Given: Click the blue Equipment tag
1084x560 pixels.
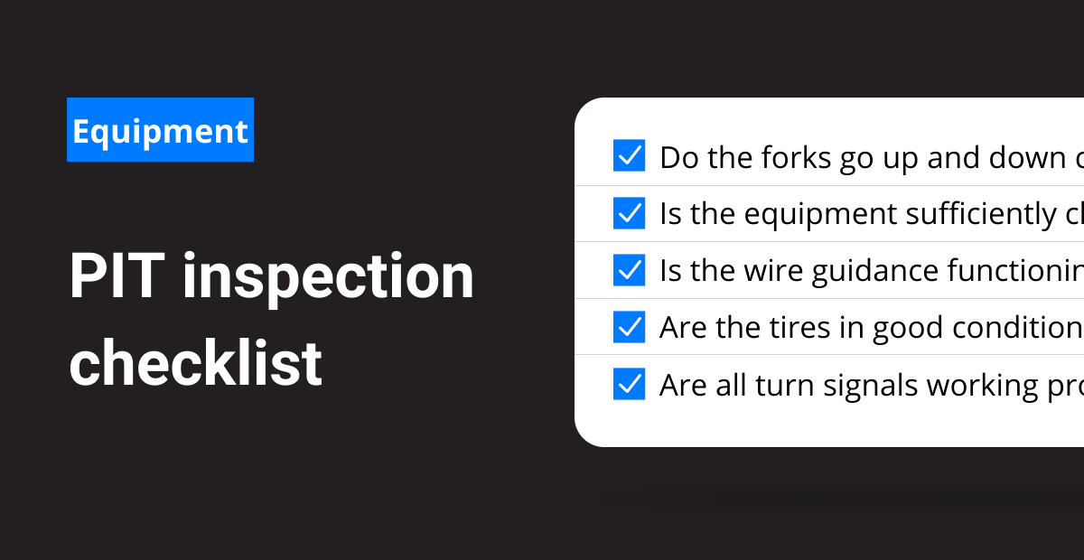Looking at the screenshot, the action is click(x=160, y=130).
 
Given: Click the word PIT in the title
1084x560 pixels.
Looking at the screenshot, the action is click(x=117, y=275).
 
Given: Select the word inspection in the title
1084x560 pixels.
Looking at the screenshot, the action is click(x=328, y=279).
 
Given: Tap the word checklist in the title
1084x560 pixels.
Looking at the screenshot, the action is click(x=195, y=362).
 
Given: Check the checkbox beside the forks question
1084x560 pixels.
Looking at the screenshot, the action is click(x=629, y=155).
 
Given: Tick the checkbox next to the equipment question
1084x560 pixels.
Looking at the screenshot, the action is click(x=629, y=213).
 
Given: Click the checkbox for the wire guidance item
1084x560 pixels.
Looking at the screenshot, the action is click(x=629, y=270).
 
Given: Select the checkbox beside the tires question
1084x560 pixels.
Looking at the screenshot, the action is click(x=629, y=327).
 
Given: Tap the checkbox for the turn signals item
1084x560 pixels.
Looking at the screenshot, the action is click(x=629, y=384).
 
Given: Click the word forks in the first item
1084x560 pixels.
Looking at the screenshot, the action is click(x=796, y=157).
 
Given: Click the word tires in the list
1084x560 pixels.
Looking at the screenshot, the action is click(x=799, y=328).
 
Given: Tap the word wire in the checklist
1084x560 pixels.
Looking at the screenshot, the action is click(x=773, y=271).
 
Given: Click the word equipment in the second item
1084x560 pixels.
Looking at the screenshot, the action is click(x=820, y=215).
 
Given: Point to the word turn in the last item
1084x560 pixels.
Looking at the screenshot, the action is click(x=784, y=386).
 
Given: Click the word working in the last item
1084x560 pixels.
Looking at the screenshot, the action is click(x=982, y=387).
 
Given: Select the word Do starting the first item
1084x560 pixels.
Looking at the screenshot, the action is click(x=679, y=158).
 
